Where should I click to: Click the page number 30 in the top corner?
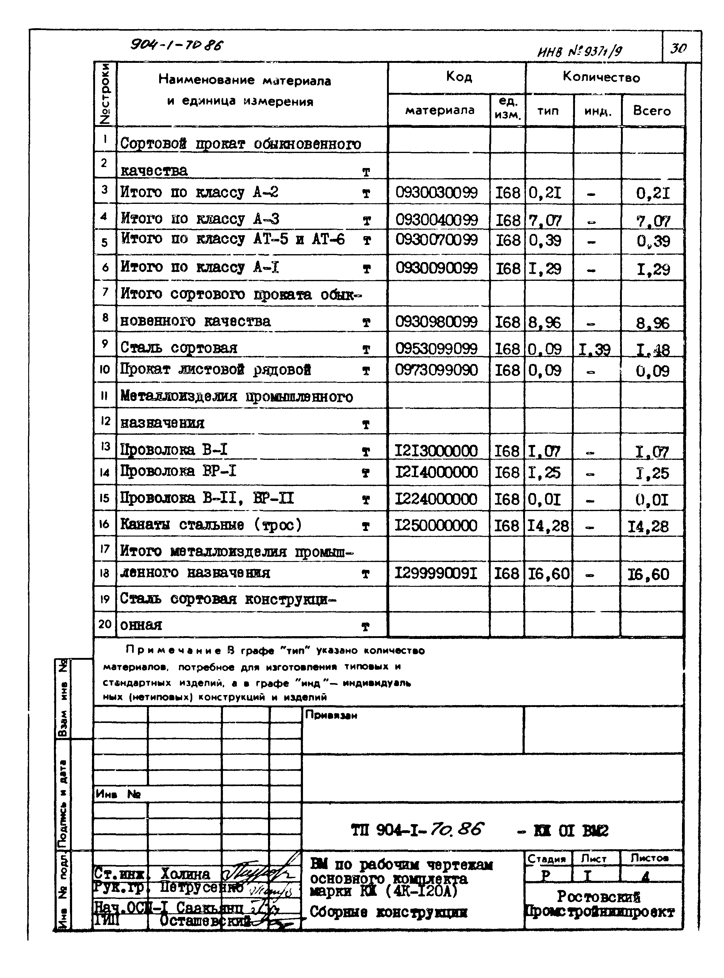678,48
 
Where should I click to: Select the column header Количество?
601,78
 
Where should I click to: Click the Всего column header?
652,111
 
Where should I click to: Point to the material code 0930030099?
436,193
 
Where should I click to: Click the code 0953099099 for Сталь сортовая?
436,348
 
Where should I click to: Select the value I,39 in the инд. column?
594,349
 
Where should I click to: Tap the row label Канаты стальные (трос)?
211,525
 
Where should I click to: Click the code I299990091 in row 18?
436,573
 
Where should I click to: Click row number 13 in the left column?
105,447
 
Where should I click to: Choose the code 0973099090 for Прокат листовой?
436,370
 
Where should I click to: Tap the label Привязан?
331,715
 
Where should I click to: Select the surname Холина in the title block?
186,874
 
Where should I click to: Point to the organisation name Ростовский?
598,896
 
